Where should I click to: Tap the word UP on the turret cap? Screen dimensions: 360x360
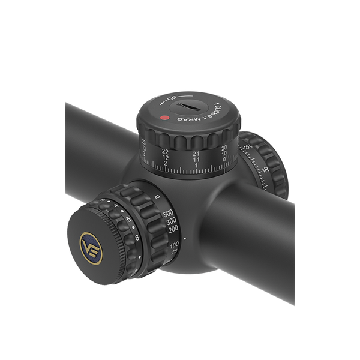click(x=172, y=98)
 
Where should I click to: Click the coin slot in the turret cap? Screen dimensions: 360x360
click(x=190, y=109)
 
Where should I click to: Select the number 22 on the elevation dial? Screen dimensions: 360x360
click(x=166, y=151)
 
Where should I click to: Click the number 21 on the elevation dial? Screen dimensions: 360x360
click(x=196, y=154)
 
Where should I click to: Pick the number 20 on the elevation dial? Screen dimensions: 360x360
click(x=224, y=148)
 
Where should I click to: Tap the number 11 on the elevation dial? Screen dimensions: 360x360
click(x=196, y=160)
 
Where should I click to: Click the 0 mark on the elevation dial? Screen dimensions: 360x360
click(x=224, y=160)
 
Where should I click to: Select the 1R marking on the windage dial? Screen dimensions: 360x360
click(x=265, y=170)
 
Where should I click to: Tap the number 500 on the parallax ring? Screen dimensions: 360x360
click(x=168, y=213)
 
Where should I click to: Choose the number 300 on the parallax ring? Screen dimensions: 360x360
click(x=171, y=221)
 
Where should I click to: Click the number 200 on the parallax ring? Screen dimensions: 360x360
click(x=173, y=229)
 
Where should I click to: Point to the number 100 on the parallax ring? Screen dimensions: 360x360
click(x=175, y=245)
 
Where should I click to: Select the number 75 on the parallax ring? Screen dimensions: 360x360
click(x=175, y=254)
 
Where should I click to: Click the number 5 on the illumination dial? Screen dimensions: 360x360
click(x=128, y=220)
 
